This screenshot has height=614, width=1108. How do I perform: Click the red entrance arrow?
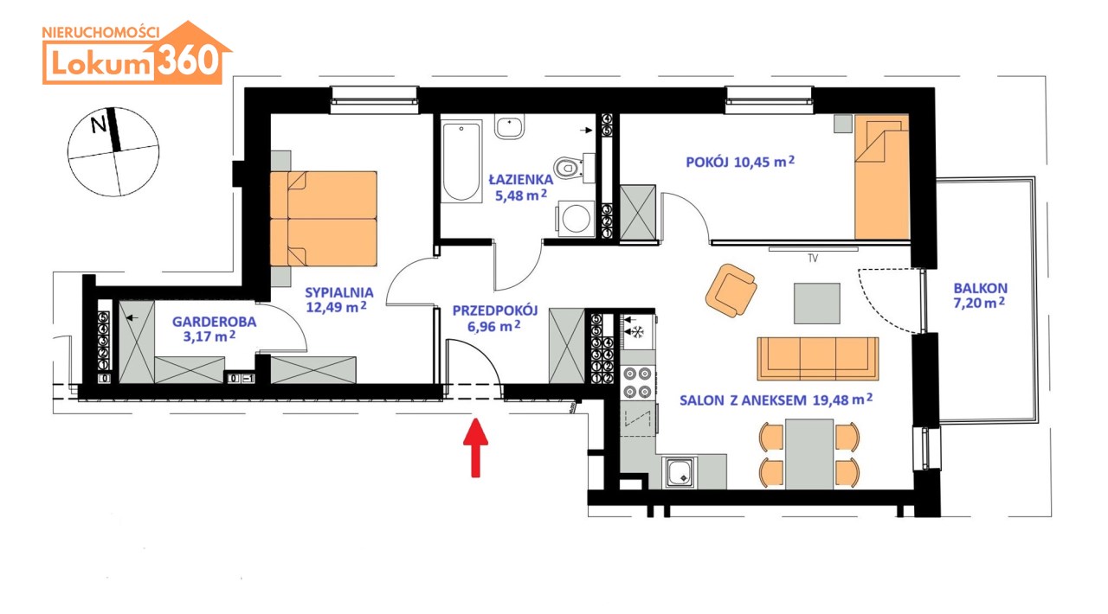[475, 447]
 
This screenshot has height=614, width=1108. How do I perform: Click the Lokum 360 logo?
[137, 53]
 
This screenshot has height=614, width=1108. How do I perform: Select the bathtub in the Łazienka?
[461, 162]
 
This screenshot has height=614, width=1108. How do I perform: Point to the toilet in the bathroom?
[570, 168]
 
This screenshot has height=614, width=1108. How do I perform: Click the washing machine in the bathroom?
[576, 218]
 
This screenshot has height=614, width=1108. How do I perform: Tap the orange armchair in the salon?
[731, 291]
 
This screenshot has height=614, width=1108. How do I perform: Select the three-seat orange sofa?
[818, 359]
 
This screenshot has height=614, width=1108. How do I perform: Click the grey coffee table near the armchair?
[816, 304]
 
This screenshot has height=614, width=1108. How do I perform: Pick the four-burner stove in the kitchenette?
[637, 382]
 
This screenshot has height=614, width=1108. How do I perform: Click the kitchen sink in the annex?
[680, 472]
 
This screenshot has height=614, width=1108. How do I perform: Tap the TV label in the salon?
[813, 258]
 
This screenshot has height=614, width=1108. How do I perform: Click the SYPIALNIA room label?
[338, 292]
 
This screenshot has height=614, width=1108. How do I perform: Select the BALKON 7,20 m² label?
[980, 295]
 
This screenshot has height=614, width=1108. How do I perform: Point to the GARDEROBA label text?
[214, 322]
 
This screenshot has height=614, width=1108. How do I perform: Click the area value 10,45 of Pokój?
[753, 163]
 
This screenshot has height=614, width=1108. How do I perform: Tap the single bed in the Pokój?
[882, 177]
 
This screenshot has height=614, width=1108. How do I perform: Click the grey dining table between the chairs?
[809, 454]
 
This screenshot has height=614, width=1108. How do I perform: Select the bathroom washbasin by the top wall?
[509, 127]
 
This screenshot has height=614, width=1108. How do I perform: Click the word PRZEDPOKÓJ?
[494, 310]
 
